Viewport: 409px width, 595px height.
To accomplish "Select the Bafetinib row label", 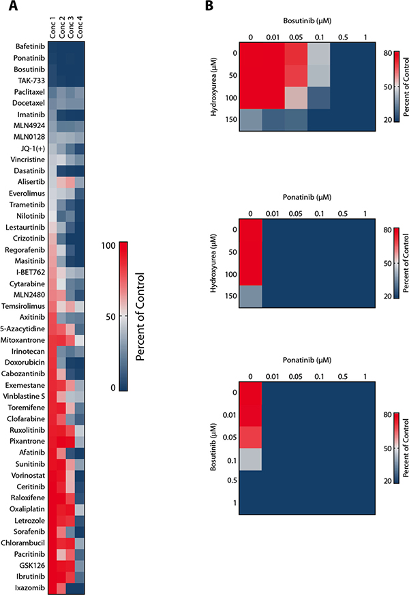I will click(x=29, y=46).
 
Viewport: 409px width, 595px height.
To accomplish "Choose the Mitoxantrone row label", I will click(x=23, y=339).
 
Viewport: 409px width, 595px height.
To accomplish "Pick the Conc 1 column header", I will click(x=52, y=30).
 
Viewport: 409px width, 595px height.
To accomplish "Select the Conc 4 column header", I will click(x=81, y=30).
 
